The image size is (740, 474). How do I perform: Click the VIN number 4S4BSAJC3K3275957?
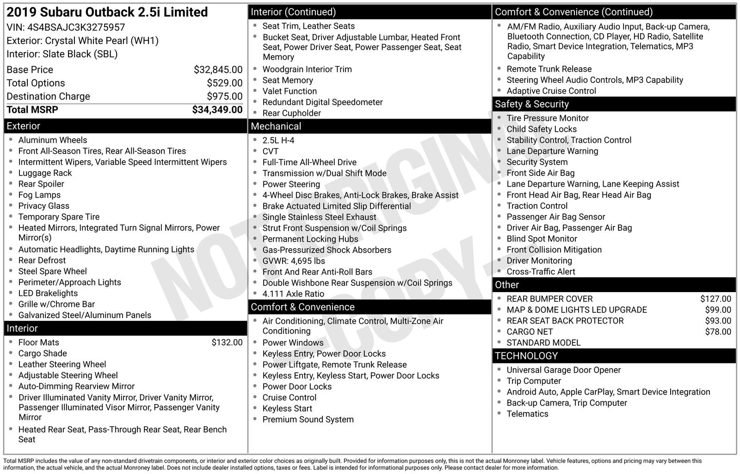76,27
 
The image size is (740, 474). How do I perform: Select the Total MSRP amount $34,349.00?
217,110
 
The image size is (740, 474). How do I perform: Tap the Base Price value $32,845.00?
218,70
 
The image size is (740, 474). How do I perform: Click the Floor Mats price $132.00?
227,343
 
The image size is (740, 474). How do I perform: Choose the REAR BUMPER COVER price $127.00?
715,299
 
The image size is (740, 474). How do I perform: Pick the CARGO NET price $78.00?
718,332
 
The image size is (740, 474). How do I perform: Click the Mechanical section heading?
276,126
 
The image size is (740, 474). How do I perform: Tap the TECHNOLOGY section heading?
526,356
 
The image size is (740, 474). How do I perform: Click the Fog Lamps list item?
39,195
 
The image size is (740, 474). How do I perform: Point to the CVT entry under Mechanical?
271,151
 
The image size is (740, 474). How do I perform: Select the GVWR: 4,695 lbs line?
294,261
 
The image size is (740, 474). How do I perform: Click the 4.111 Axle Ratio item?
293,294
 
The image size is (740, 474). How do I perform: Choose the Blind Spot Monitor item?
542,239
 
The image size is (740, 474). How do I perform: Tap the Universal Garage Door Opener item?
563,370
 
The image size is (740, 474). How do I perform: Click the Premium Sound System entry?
308,420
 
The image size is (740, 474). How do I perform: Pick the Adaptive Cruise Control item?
551,91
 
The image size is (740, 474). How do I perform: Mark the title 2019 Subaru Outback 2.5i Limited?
107,12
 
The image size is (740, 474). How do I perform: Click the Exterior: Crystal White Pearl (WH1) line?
82,41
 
